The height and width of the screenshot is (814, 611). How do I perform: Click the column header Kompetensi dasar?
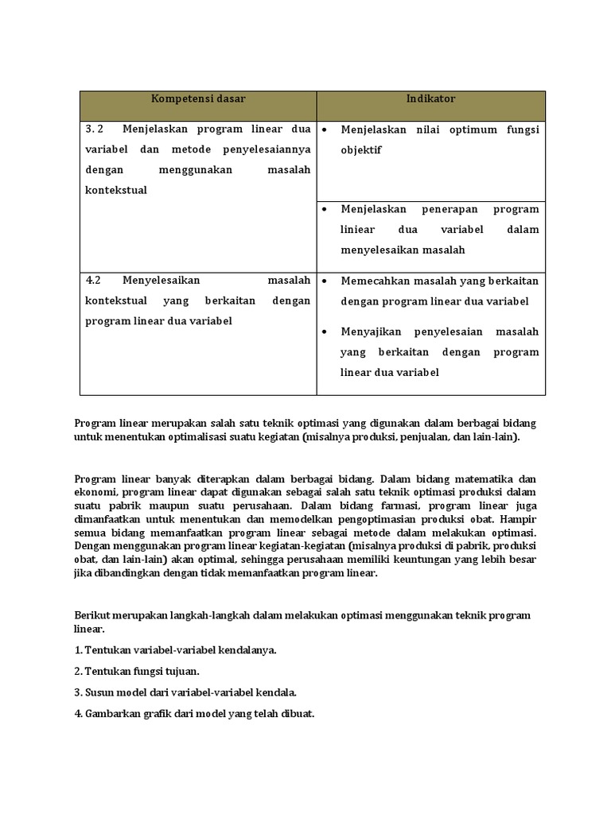(198, 99)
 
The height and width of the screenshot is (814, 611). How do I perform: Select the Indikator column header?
(430, 99)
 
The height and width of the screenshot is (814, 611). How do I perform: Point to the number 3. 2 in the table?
(95, 129)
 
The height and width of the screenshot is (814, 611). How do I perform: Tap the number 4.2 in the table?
(94, 281)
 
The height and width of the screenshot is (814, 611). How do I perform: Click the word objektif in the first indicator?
(361, 149)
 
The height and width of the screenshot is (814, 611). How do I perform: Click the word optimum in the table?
(470, 130)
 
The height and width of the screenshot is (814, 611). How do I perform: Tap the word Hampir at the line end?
(519, 519)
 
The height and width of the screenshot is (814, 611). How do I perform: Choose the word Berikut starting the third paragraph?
(93, 615)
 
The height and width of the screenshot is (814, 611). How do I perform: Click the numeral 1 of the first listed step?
(77, 650)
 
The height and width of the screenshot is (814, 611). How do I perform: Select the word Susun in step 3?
(99, 692)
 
